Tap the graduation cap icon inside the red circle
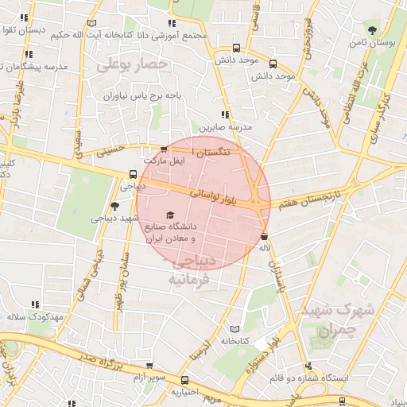tap(169, 215)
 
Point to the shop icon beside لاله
tap(264, 235)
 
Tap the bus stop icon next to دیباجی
tap(132, 175)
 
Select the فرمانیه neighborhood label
tap(188, 280)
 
